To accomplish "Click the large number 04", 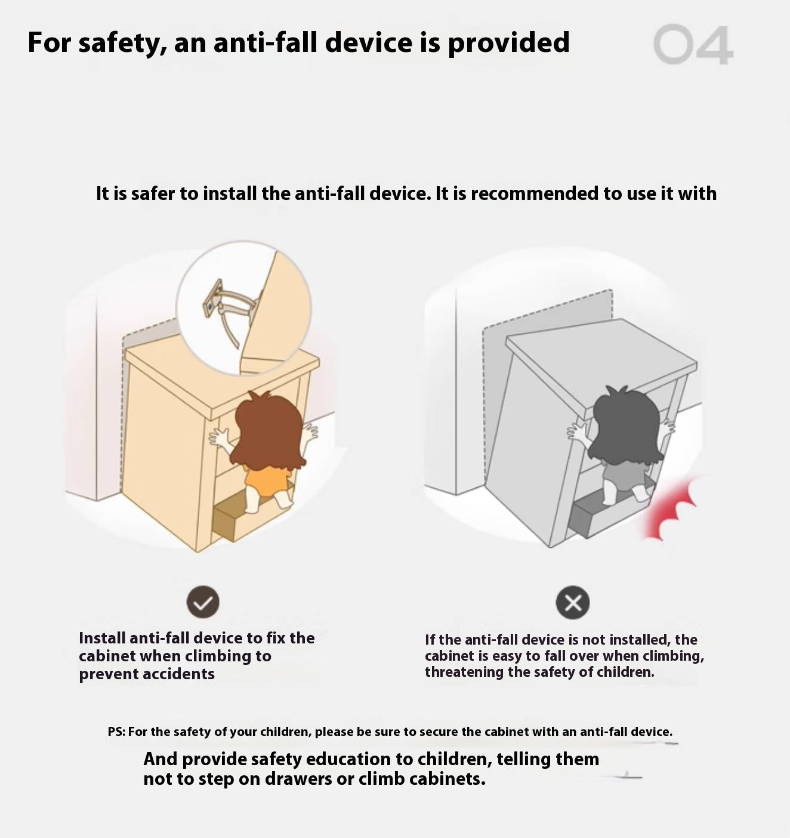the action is click(693, 44).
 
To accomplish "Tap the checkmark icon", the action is click(203, 602).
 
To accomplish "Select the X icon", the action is click(573, 603).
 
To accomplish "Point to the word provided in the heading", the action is click(508, 43).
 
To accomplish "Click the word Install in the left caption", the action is click(102, 638).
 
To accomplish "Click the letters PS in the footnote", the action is click(116, 732).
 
